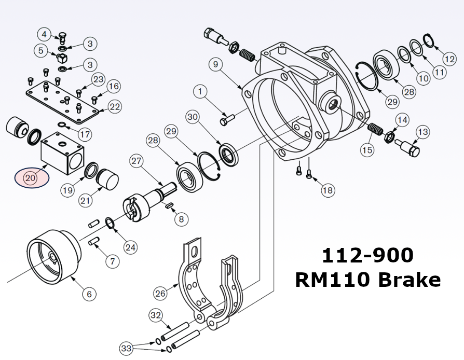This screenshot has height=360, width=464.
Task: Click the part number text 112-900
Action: point(367,255)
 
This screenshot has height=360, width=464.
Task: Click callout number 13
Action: point(422,132)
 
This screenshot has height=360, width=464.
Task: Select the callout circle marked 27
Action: point(136,161)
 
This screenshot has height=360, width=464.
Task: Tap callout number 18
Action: point(327,190)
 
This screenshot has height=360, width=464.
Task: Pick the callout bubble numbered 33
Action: point(126,347)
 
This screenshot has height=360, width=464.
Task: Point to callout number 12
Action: point(450,59)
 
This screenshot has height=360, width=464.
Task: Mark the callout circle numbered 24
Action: point(130,247)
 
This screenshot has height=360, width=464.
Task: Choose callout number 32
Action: point(155,315)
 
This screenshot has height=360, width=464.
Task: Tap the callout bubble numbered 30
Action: point(193,118)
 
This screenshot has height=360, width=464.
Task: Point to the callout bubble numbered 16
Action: point(114,86)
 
